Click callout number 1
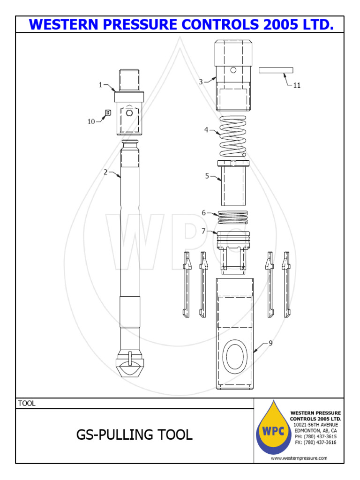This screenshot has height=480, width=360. [x=100, y=85]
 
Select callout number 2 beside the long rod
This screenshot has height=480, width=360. [x=105, y=172]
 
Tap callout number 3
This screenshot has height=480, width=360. [x=201, y=82]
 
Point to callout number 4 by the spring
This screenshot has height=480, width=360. [x=206, y=130]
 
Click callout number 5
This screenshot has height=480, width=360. [x=207, y=176]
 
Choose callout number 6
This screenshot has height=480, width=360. [x=204, y=213]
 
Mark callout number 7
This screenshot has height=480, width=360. [x=203, y=231]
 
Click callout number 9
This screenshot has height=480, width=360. [x=270, y=343]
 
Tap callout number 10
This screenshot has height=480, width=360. [x=91, y=121]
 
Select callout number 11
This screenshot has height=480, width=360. [x=297, y=85]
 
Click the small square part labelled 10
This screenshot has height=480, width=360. [x=108, y=112]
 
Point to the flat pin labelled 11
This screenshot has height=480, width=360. [x=276, y=70]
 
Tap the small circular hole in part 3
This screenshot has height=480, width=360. [x=233, y=70]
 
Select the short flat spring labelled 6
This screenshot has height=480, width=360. [x=233, y=217]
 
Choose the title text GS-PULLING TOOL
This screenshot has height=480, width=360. [x=135, y=435]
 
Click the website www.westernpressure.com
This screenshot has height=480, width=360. [x=299, y=458]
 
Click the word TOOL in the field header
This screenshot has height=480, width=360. [x=27, y=403]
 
